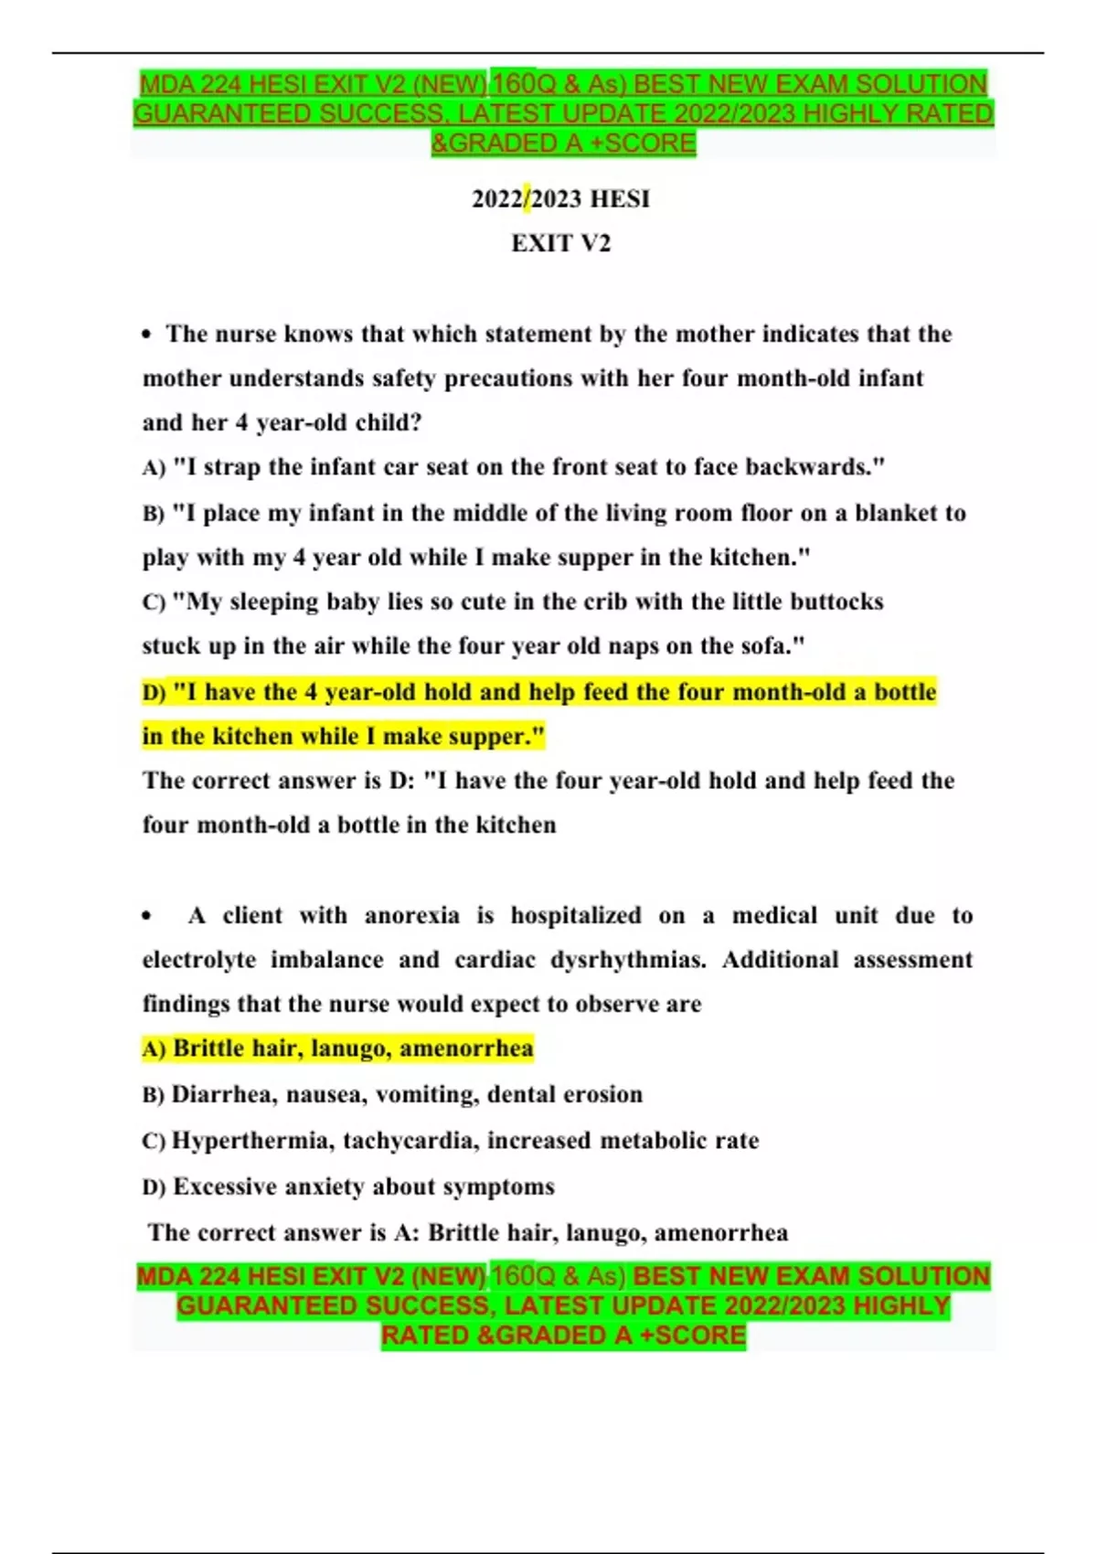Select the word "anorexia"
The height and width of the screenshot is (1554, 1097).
tap(411, 916)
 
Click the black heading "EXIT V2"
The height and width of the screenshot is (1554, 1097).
tap(560, 243)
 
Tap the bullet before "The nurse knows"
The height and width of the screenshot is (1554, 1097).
tap(147, 335)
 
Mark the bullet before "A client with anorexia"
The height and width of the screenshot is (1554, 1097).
tap(147, 916)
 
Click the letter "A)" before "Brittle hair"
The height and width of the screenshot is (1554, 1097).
tap(154, 1048)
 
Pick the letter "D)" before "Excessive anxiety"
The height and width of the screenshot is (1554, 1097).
tap(154, 1187)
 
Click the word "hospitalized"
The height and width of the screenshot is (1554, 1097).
tap(575, 916)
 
